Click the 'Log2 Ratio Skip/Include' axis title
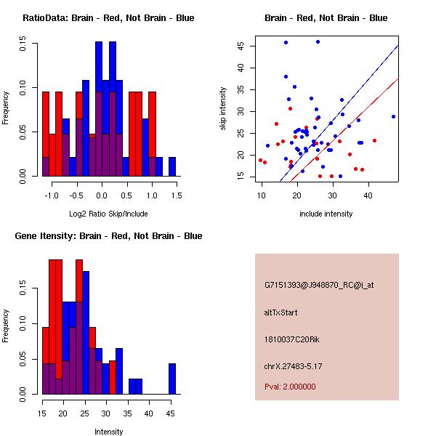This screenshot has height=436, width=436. [108, 214]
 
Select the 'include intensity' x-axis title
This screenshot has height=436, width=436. [326, 214]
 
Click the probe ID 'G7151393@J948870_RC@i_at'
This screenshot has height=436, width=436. [319, 286]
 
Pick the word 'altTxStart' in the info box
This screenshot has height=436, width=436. [280, 312]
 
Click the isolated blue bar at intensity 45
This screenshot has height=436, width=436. [172, 379]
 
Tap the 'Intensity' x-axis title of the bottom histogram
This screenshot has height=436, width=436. [108, 432]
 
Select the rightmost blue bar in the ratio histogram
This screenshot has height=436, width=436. [172, 166]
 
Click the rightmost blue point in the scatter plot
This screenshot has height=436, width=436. [393, 116]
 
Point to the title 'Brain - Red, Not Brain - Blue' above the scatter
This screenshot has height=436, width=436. [326, 18]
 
